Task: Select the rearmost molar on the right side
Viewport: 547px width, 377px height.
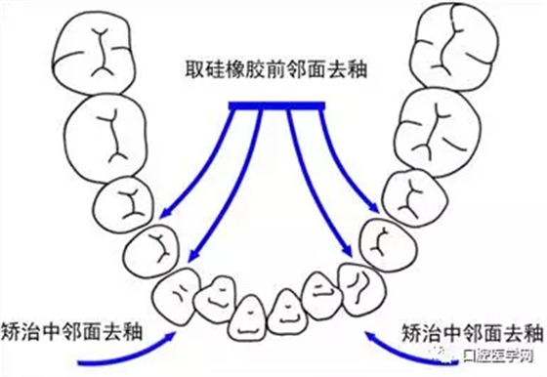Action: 454,44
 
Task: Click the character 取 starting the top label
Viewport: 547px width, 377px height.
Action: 193,71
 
